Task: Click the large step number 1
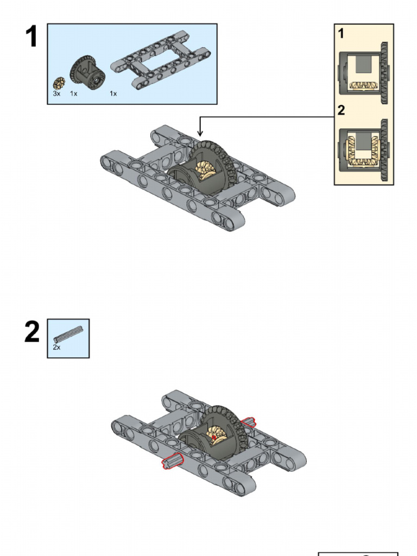(31, 36)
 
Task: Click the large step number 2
(32, 332)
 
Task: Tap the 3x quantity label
(56, 93)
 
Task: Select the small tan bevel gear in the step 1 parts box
(59, 83)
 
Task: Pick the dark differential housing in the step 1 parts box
(87, 73)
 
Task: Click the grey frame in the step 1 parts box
(160, 60)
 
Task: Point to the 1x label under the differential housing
(73, 93)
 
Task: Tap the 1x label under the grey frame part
(113, 93)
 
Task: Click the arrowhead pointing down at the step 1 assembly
(200, 133)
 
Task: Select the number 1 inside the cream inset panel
(341, 33)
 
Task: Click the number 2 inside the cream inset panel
(341, 110)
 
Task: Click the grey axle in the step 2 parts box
(68, 334)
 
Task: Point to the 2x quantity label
(56, 347)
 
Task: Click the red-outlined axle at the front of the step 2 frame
(173, 461)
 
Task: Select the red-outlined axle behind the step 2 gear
(248, 421)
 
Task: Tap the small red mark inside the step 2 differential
(214, 438)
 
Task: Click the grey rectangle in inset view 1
(363, 64)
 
